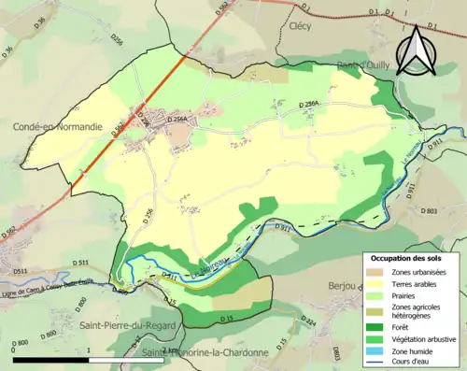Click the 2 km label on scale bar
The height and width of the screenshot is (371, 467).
(168, 350)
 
